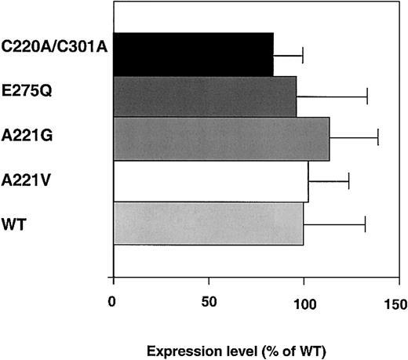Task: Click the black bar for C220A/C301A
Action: click(193, 54)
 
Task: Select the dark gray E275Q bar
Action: click(205, 96)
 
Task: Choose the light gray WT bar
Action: click(208, 223)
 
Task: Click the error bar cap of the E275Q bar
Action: click(367, 96)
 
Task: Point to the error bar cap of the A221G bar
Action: click(378, 139)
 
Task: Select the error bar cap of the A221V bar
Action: click(348, 181)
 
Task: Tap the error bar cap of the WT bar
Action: click(365, 224)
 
